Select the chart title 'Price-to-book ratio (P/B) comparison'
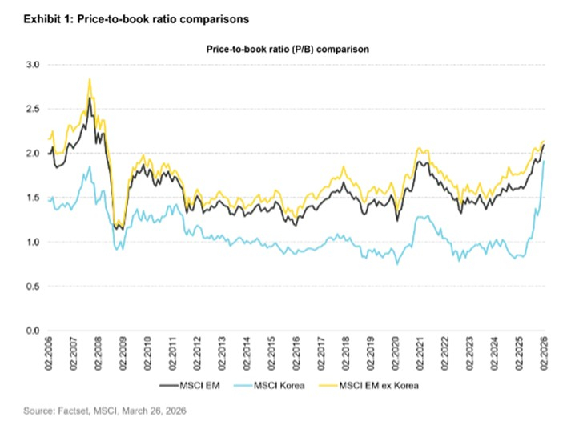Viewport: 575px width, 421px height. point(287,49)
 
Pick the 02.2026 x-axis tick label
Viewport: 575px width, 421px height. point(545,353)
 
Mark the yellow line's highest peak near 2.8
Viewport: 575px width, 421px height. point(89,79)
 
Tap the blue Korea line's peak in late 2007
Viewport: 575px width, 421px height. point(89,166)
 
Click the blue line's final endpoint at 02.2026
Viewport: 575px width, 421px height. point(545,162)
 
